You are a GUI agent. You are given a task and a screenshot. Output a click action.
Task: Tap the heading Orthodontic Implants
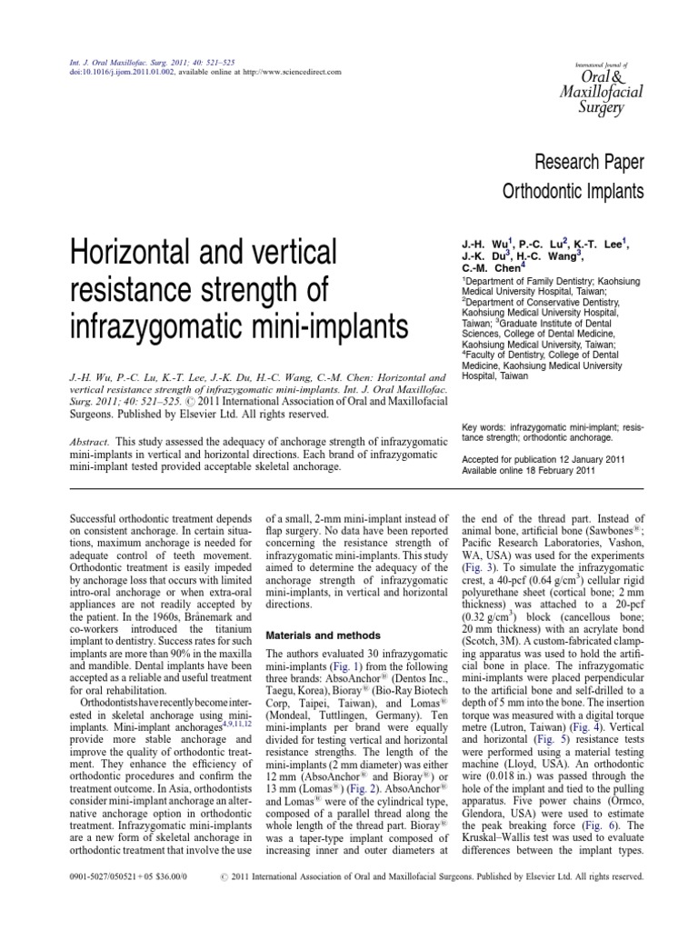pyautogui.click(x=573, y=192)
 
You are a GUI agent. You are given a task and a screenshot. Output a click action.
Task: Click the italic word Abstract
pyautogui.click(x=90, y=441)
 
